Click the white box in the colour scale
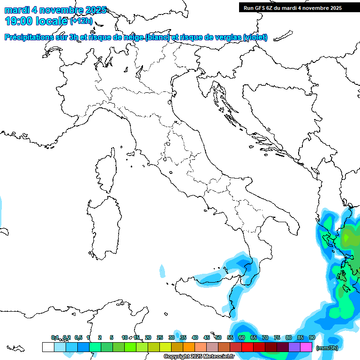point(48,347)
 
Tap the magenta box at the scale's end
point(306,347)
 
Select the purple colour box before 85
point(294,347)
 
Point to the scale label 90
point(312,337)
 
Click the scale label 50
point(218,337)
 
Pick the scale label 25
point(160,337)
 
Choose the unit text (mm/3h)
point(327,348)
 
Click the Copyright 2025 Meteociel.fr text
point(199,357)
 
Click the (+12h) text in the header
point(81,21)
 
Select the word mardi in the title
point(16,10)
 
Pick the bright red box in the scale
point(247,347)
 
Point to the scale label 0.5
point(78,337)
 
